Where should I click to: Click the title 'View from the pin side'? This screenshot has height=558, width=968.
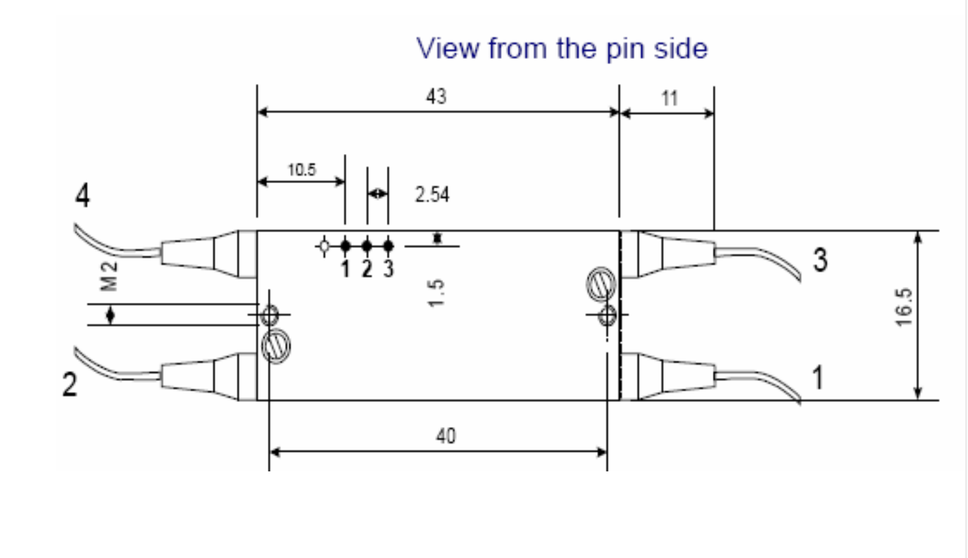pos(561,49)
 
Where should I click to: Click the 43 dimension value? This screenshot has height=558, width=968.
pos(436,97)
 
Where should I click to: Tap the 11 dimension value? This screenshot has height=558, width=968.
pos(669,99)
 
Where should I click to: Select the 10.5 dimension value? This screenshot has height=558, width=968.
pos(302,170)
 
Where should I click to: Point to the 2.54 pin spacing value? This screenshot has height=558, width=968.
pos(432,194)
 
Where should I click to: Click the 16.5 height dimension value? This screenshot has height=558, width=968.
pos(904,307)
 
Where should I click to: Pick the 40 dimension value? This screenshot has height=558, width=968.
pos(446,436)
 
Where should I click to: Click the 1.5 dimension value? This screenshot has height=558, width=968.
pos(436,292)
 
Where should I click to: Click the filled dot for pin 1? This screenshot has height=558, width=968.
pos(345,247)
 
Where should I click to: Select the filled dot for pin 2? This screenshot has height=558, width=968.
pos(367,247)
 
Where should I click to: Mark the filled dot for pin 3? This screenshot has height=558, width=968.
pos(388,247)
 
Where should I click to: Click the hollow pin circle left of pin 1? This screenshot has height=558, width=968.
pos(324,247)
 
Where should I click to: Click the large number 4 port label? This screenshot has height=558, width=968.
pos(83,196)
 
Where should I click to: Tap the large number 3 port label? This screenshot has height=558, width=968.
pos(820,260)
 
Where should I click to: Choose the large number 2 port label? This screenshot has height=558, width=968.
pos(69,384)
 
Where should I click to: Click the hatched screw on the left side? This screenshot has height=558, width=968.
pos(276,346)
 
